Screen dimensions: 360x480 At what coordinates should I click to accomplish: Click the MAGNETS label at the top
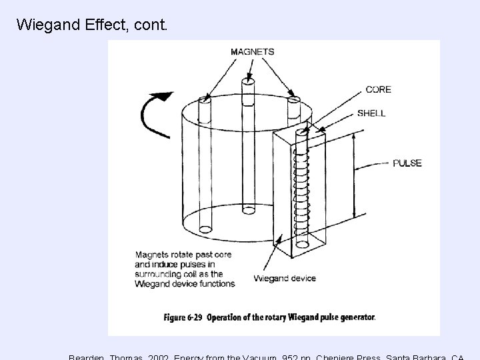click(x=252, y=51)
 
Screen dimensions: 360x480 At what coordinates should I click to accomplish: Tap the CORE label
click(x=378, y=89)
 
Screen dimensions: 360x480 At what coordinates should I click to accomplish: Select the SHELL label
click(x=371, y=113)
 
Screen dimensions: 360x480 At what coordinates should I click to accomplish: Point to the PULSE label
click(x=407, y=163)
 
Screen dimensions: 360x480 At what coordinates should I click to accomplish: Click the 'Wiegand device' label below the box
click(x=285, y=278)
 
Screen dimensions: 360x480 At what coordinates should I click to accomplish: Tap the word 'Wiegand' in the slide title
click(x=45, y=25)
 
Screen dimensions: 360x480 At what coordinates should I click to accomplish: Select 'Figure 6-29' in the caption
click(x=183, y=317)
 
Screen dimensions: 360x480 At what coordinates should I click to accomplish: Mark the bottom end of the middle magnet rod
click(x=247, y=210)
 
